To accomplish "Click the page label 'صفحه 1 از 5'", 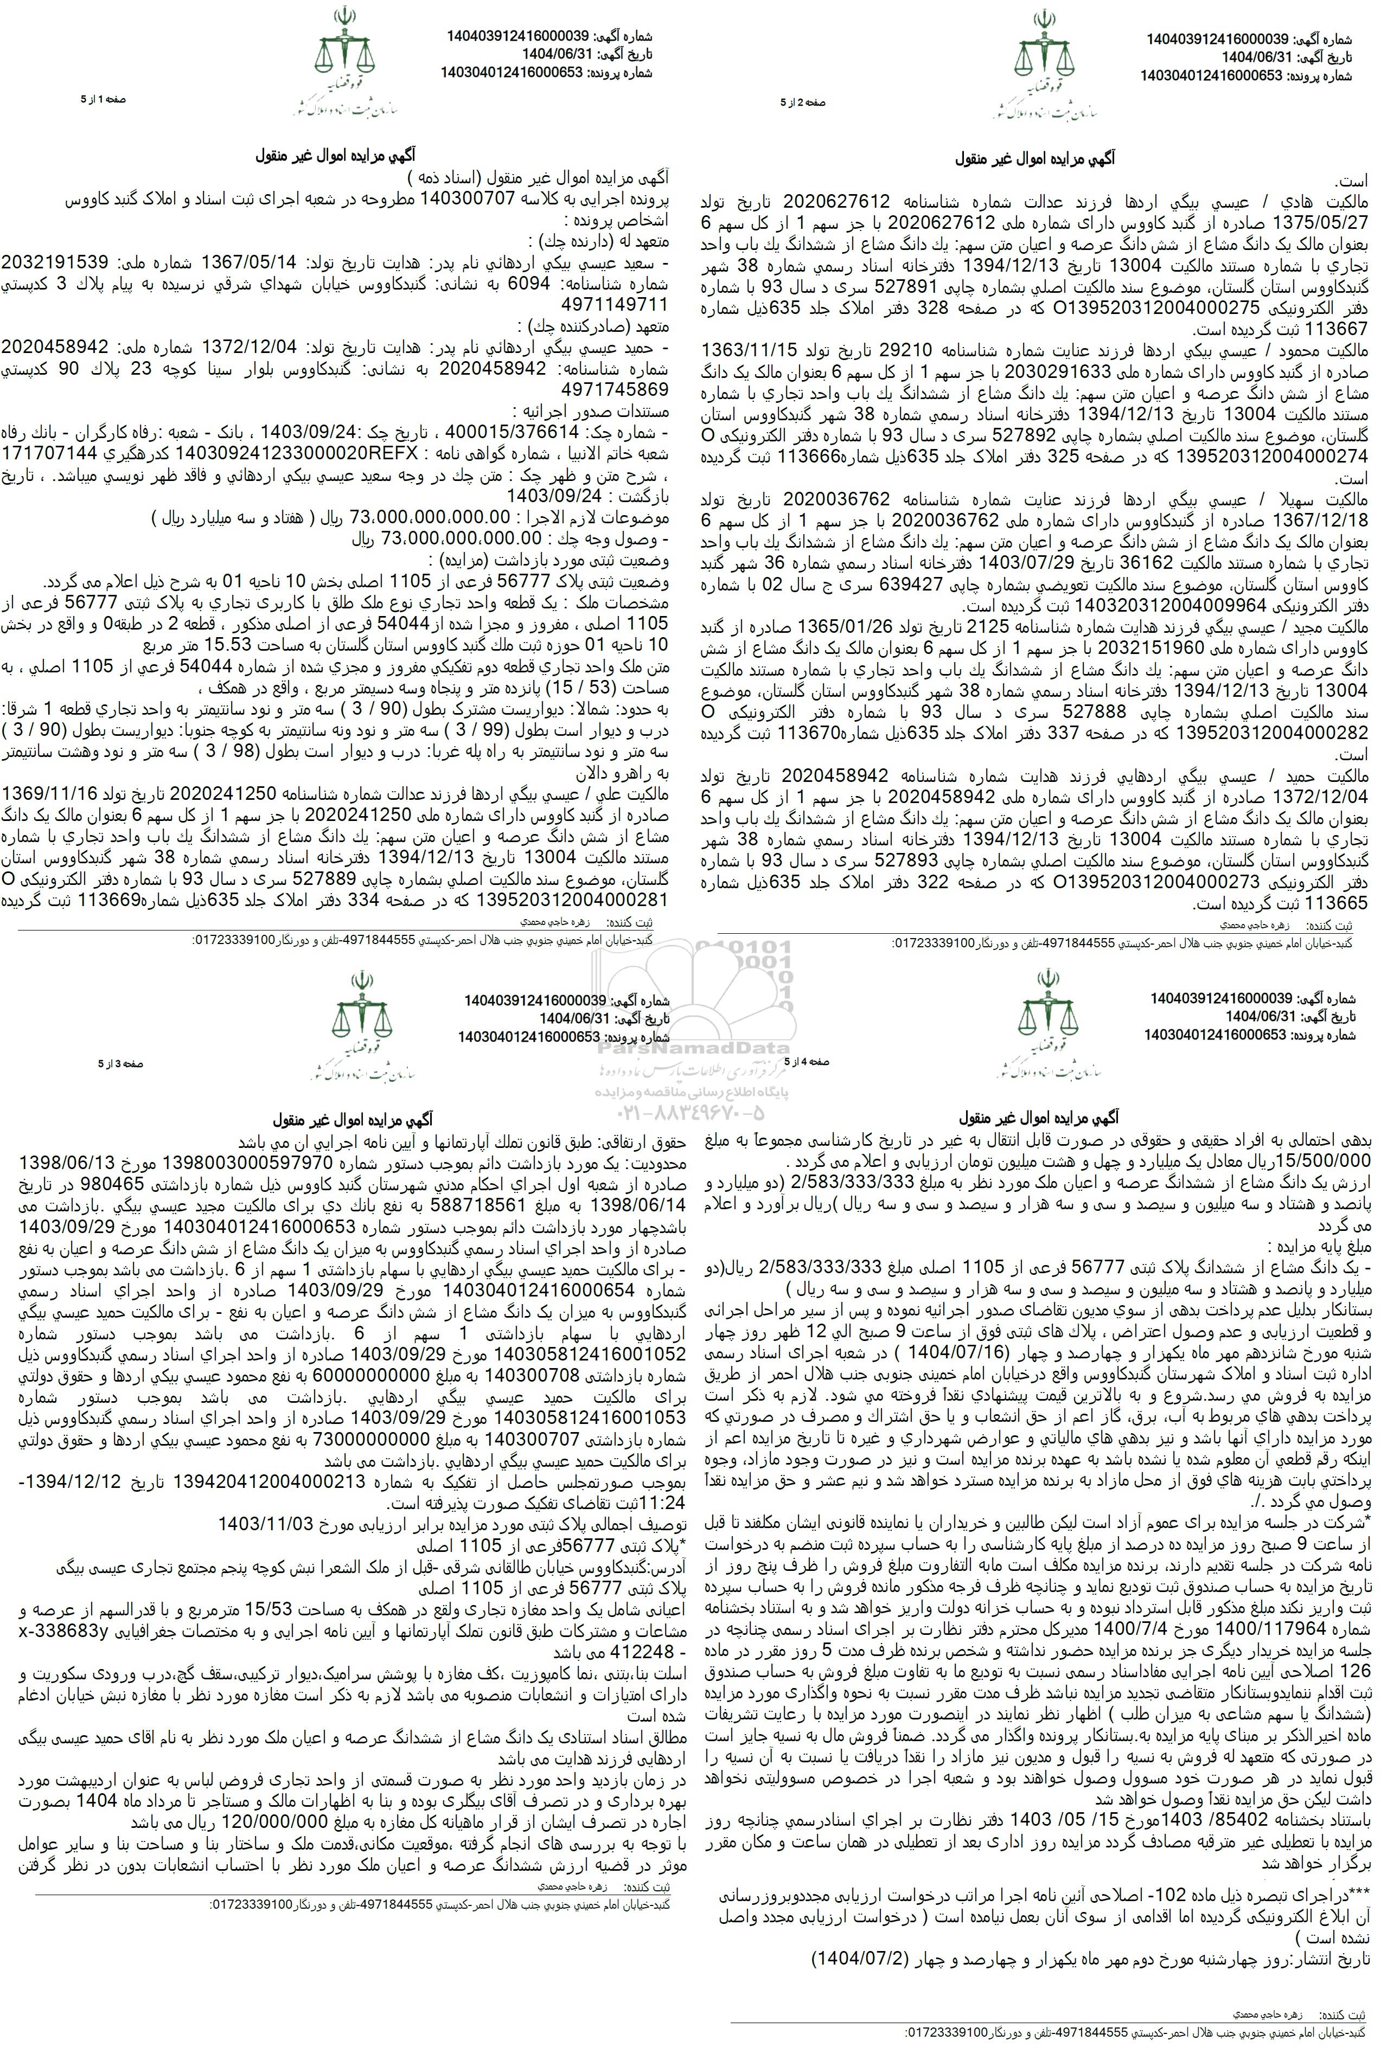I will coord(104,100).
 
